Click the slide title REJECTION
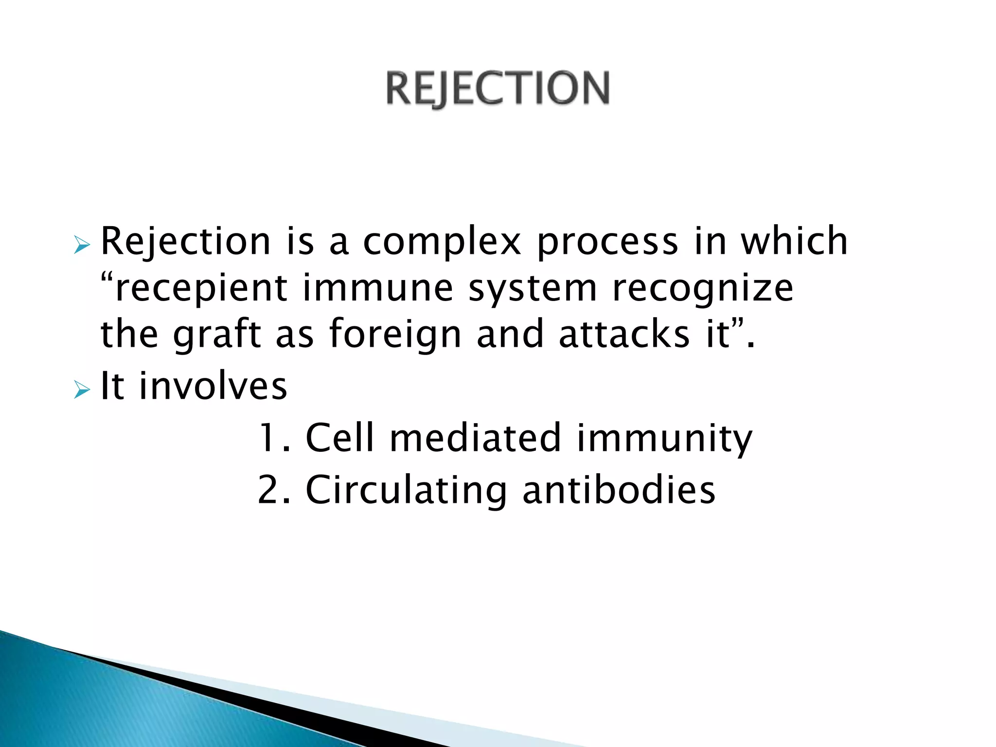[x=497, y=89]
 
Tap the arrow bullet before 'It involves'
[x=82, y=389]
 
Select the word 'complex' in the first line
[x=442, y=242]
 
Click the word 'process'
[x=607, y=242]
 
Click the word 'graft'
[x=217, y=335]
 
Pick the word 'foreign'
[x=395, y=335]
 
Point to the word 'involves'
[x=213, y=386]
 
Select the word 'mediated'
[x=476, y=438]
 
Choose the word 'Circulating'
[x=406, y=490]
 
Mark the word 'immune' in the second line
[x=378, y=288]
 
